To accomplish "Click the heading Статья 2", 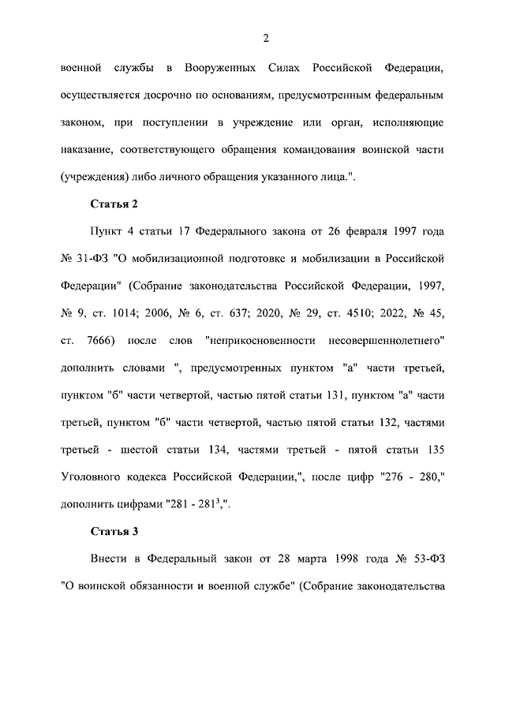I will [x=114, y=204].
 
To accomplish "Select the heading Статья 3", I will [x=114, y=531].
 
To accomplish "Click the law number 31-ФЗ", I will [x=96, y=259].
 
